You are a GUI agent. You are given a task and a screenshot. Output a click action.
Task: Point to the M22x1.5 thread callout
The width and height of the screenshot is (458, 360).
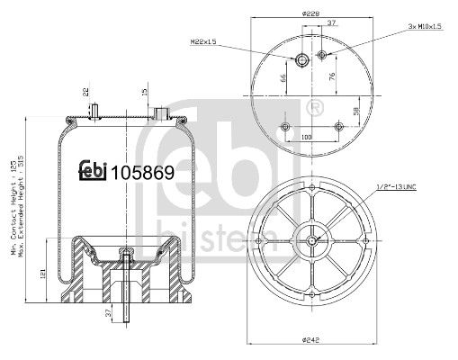[206, 40]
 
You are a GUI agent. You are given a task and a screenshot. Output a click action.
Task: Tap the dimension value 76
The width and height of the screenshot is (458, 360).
[334, 76]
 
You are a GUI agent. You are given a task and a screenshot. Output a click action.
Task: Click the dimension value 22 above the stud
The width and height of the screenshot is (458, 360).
[85, 90]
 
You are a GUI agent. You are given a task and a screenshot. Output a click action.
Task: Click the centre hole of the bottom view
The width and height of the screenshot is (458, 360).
[311, 239]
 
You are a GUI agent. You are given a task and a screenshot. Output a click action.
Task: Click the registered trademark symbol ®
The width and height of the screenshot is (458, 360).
[314, 109]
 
